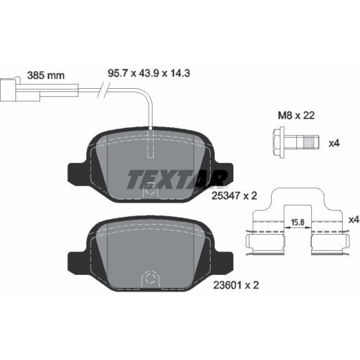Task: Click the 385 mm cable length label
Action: click(46, 75)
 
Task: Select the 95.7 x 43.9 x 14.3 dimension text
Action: click(149, 73)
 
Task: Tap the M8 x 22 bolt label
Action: click(296, 115)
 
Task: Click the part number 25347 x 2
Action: click(234, 196)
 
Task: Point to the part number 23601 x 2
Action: click(236, 285)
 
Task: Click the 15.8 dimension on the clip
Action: click(298, 222)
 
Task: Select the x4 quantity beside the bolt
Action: click(334, 144)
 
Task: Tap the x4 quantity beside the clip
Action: click(354, 220)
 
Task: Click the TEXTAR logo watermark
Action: click(177, 179)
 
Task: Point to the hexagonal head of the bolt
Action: click(279, 142)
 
